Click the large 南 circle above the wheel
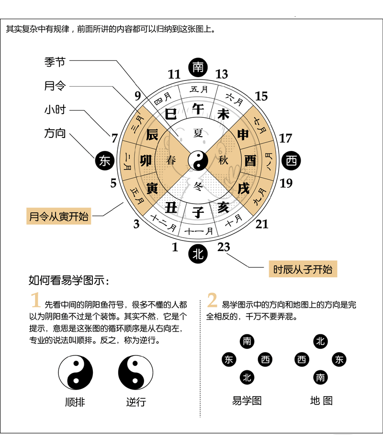click(x=198, y=68)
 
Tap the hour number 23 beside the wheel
click(x=224, y=247)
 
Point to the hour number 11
click(x=174, y=74)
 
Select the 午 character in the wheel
click(x=198, y=108)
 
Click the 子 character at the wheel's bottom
click(x=198, y=212)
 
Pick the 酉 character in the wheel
click(x=250, y=160)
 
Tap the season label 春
click(x=171, y=160)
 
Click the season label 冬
click(x=198, y=186)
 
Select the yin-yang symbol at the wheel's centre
click(x=198, y=160)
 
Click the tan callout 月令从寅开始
click(x=59, y=216)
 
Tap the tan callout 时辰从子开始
click(x=303, y=269)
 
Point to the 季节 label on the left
click(x=55, y=62)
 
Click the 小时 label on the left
click(x=55, y=110)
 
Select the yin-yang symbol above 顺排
click(x=76, y=373)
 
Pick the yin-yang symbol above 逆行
click(x=135, y=373)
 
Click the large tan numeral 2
click(x=212, y=300)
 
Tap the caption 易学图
click(x=247, y=401)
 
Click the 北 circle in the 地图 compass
click(x=321, y=341)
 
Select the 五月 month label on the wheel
click(x=199, y=89)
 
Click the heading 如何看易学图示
click(x=69, y=280)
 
